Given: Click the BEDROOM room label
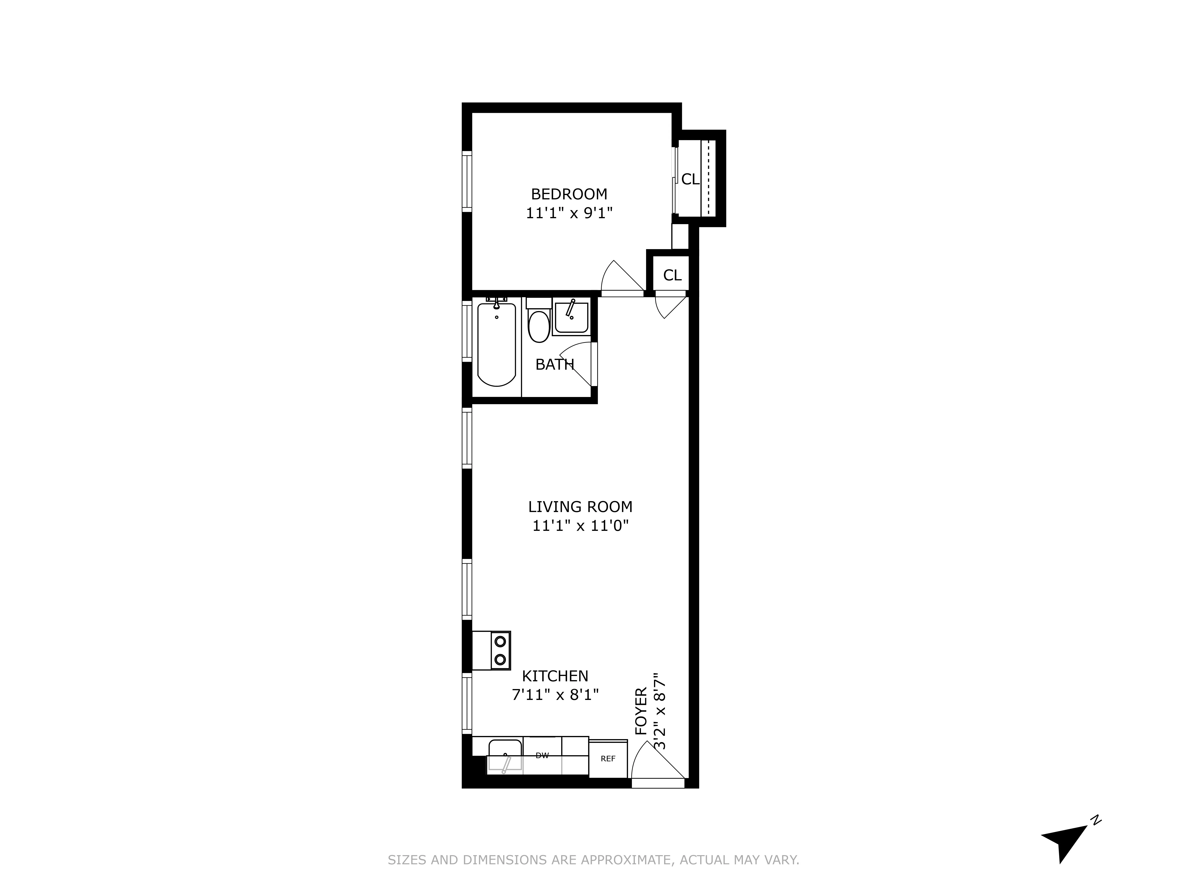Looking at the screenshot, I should (x=569, y=194).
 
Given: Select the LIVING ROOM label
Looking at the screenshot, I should (x=580, y=506).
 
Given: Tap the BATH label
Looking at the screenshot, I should (x=554, y=365).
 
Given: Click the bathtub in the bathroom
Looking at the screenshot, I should (x=496, y=345).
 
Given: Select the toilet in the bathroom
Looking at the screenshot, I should (x=539, y=326).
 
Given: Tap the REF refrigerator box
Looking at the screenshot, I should (x=608, y=758).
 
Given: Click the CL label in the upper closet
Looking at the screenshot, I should (x=690, y=179).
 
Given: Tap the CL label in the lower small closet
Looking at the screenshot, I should (x=672, y=275).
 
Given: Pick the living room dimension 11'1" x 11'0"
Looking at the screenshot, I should (x=580, y=525).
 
